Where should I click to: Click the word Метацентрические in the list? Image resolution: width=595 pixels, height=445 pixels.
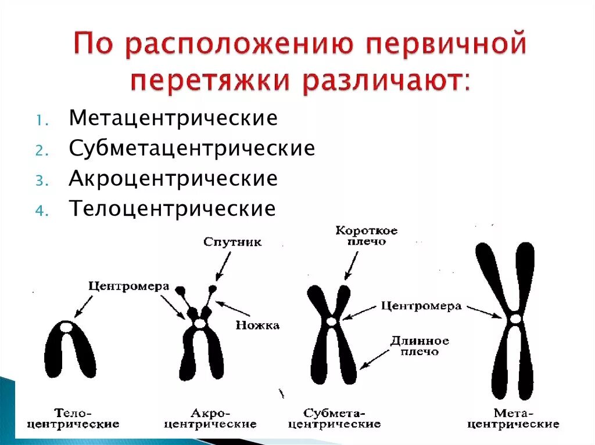(173, 118)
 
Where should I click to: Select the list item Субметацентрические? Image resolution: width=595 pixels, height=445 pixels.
(192, 149)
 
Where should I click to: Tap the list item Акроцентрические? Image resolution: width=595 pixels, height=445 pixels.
(173, 178)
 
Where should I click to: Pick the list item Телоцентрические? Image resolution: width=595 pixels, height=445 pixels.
(172, 208)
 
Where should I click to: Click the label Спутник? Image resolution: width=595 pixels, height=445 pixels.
(232, 242)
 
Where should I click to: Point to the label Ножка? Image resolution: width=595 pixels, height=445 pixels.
(257, 325)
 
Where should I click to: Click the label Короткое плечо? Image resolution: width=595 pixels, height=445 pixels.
(367, 236)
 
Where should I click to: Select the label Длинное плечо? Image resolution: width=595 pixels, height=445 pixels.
(419, 346)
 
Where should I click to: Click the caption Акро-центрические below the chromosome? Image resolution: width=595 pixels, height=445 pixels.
(210, 418)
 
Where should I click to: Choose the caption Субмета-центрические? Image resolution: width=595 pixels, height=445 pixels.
(334, 418)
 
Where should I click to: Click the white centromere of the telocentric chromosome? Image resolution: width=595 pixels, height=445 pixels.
(67, 328)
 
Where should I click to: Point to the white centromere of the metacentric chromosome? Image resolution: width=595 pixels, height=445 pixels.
(514, 319)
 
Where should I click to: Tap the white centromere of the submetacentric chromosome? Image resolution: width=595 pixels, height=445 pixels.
(331, 321)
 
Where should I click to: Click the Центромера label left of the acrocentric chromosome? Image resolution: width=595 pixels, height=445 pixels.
(129, 286)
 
